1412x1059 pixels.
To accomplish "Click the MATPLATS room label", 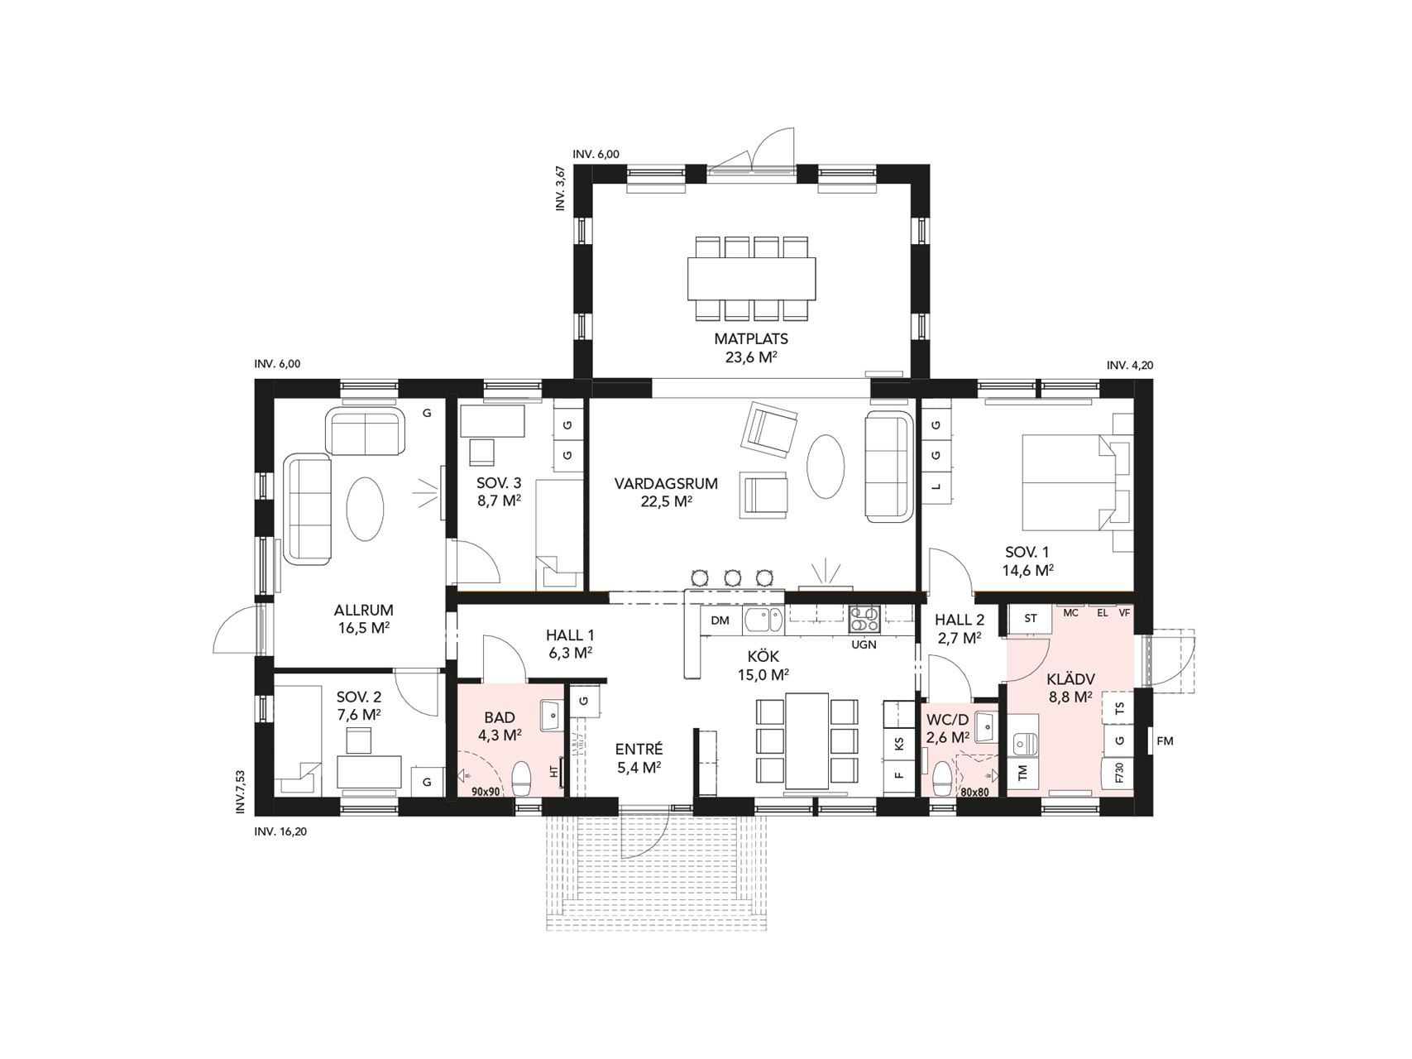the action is (x=751, y=338).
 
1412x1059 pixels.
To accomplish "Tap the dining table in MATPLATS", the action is (x=751, y=279).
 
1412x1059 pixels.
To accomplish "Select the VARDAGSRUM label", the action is (x=666, y=483).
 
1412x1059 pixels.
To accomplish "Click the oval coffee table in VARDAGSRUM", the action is (x=826, y=466).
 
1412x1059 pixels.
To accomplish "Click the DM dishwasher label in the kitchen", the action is (x=720, y=620).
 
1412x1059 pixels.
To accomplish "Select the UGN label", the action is (x=864, y=645).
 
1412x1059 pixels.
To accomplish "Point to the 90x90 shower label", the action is (x=486, y=791).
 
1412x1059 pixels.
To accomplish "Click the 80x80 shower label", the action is (x=975, y=792).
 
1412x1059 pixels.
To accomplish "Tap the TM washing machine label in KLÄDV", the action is (x=1022, y=773).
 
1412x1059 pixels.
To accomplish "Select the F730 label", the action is (x=1120, y=774).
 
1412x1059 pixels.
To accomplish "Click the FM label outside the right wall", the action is (x=1165, y=741).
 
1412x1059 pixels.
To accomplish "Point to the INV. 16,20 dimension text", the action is (x=280, y=832).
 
